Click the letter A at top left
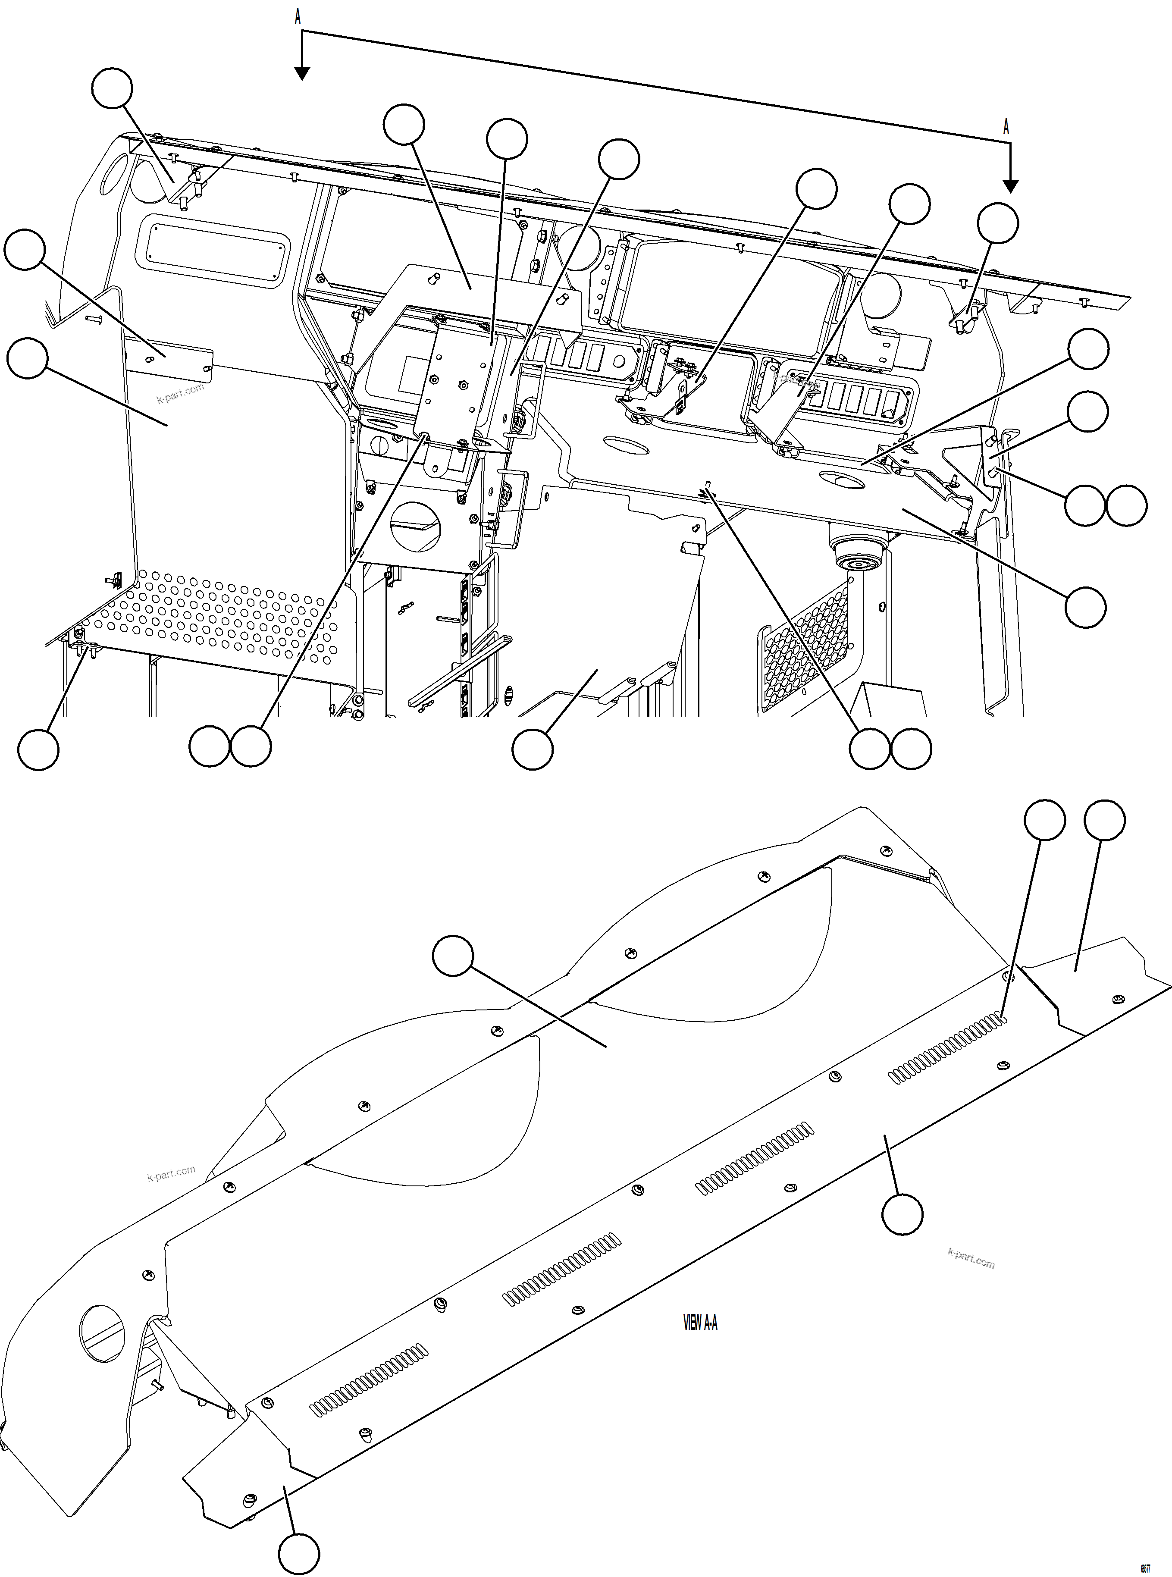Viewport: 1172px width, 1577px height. [x=298, y=17]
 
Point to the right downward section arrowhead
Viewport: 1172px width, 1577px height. [x=1011, y=187]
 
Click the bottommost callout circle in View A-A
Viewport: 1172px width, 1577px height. [x=298, y=1554]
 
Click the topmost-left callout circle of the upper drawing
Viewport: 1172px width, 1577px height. [x=112, y=88]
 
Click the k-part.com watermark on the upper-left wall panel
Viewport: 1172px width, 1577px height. [x=180, y=392]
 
